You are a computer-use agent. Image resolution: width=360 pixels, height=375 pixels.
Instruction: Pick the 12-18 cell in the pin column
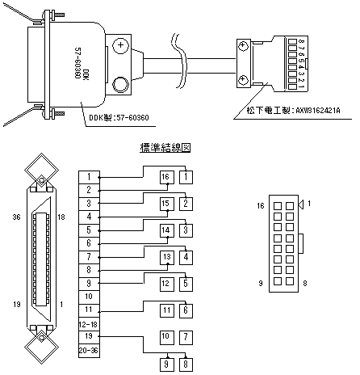tap(89, 323)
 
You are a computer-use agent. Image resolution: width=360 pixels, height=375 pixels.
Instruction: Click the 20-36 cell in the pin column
tap(89, 350)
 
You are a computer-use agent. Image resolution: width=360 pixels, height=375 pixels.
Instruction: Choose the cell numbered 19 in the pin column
tap(89, 336)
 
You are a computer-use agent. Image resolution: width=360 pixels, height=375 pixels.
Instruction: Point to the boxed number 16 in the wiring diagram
tap(165, 177)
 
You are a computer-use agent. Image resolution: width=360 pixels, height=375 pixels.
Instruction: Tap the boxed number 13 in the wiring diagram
tap(165, 257)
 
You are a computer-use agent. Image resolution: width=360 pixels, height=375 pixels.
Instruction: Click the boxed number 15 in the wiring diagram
tap(165, 203)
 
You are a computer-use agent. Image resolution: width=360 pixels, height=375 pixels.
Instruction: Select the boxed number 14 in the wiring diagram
tap(165, 230)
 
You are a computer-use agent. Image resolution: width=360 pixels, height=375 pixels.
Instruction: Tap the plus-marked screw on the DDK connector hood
tap(119, 48)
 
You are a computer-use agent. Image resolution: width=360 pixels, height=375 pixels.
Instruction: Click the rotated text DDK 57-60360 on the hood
tap(82, 68)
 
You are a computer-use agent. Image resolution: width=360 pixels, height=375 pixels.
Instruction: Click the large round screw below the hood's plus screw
tap(121, 85)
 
